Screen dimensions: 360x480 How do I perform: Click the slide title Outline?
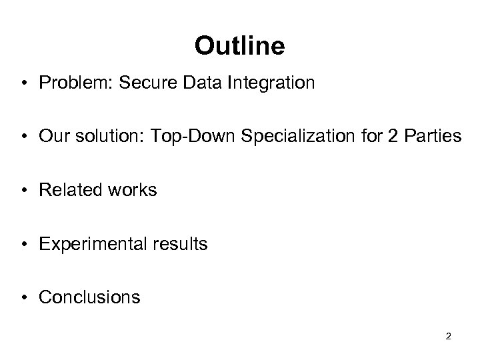[239, 46]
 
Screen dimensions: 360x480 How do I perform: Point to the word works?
[132, 191]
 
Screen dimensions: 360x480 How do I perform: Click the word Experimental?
[90, 244]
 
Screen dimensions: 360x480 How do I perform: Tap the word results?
[177, 244]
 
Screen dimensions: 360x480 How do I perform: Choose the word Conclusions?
[89, 297]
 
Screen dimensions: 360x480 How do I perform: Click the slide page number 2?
[448, 336]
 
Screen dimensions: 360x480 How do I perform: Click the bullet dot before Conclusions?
[25, 297]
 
